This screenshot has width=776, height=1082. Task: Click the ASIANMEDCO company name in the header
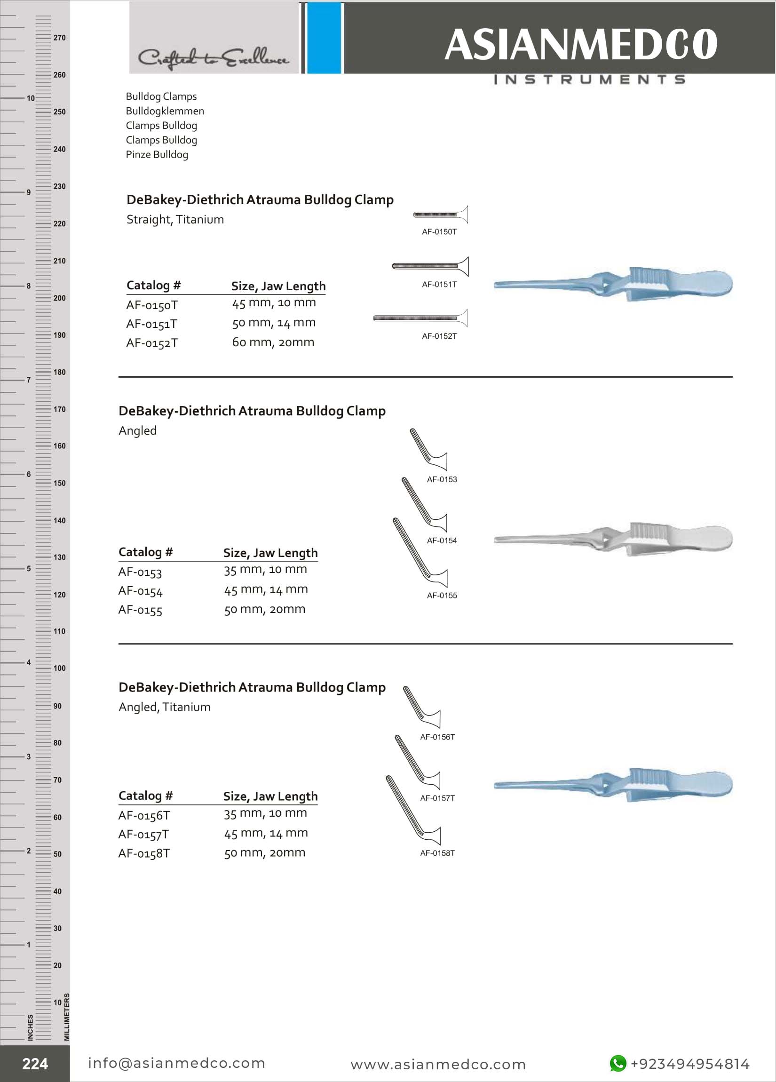pos(580,44)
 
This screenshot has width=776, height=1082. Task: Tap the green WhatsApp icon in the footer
pos(618,1063)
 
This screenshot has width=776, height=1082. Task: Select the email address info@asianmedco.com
pos(176,1063)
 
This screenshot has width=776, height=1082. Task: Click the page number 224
pos(35,1064)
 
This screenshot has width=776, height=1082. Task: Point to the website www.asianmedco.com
pos(438,1064)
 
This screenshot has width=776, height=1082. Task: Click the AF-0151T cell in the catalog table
pos(151,324)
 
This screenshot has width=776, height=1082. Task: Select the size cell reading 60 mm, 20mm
pos(273,342)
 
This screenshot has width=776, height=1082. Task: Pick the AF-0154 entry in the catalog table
pos(140,591)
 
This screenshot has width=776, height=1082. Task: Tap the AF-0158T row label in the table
pos(144,853)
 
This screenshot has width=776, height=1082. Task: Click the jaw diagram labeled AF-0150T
pos(441,215)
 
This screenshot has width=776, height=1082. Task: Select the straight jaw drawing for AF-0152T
pos(420,318)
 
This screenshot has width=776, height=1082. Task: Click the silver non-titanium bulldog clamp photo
pos(613,539)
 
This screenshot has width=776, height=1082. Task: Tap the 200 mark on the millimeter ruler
pos(59,298)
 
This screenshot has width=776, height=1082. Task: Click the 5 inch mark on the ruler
pos(28,569)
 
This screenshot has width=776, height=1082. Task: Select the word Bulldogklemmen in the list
pos(165,111)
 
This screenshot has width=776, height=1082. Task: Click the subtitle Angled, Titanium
pos(165,707)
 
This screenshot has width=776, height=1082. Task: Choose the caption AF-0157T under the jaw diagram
pos(437,798)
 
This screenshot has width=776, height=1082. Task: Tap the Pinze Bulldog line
pos(157,155)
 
